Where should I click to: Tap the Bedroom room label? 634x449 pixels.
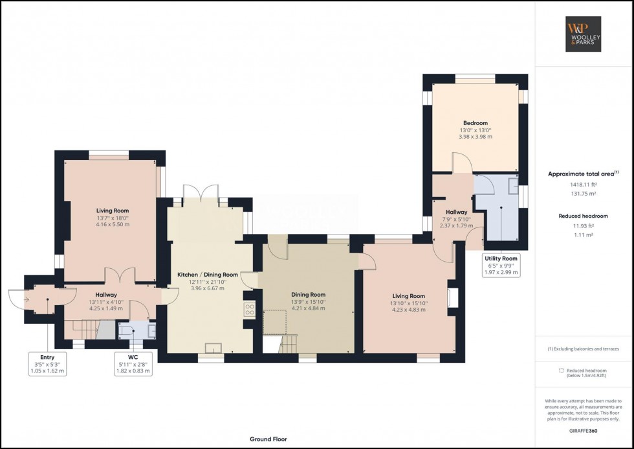click(x=475, y=123)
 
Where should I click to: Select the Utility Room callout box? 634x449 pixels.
click(x=501, y=266)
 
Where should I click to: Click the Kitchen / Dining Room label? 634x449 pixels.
click(x=208, y=275)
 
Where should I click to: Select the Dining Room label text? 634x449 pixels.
click(x=308, y=295)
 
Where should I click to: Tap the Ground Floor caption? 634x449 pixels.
click(x=268, y=439)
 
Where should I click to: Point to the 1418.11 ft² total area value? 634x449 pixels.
click(x=583, y=184)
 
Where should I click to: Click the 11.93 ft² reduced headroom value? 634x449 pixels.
click(x=583, y=226)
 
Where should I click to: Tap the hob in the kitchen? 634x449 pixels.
click(x=248, y=309)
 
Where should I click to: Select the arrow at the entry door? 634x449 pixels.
click(x=25, y=299)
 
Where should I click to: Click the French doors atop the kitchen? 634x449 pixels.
click(x=201, y=192)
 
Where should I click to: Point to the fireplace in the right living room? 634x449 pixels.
click(x=454, y=297)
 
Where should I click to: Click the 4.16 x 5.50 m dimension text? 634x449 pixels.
click(x=113, y=225)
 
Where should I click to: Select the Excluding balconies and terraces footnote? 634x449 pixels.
click(x=583, y=349)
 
